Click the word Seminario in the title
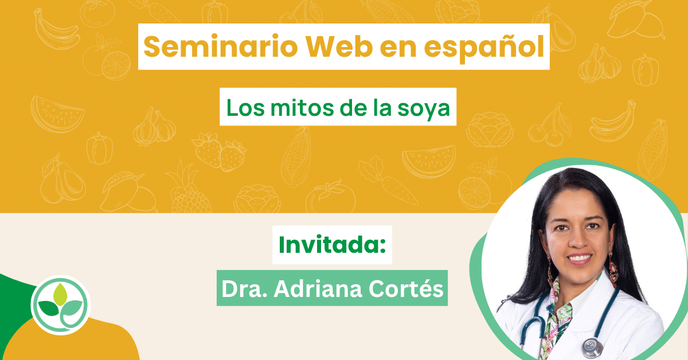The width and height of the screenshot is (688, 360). click(221, 46)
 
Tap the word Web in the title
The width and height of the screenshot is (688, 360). click(339, 46)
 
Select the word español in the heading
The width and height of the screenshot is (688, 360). click(484, 47)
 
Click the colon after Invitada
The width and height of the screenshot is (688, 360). click(382, 246)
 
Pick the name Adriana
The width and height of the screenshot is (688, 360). click(318, 288)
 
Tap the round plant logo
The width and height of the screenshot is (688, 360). click(61, 305)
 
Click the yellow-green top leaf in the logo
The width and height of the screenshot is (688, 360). click(60, 294)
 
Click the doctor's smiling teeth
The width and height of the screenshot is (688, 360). click(579, 257)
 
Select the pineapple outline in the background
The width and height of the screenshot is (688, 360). click(188, 189)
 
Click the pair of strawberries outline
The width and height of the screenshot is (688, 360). click(219, 151)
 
